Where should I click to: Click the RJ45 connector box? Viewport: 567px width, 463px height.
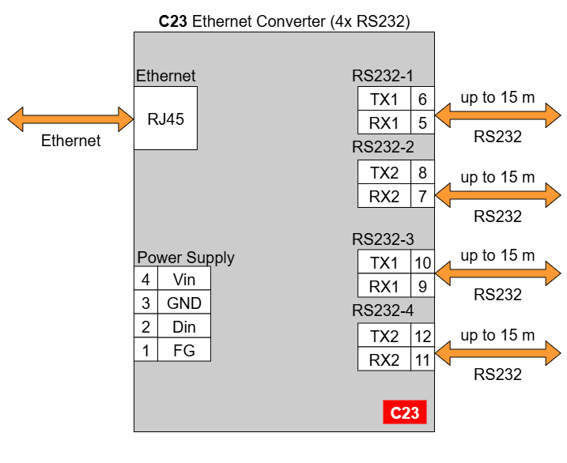[x=165, y=118]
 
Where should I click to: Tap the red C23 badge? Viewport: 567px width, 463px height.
[x=405, y=412]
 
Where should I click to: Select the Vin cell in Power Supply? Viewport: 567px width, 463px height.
[x=184, y=279]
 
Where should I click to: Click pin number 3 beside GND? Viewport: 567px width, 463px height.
[x=146, y=303]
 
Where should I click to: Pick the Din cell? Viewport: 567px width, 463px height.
[x=184, y=326]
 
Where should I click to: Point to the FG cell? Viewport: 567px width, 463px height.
[x=184, y=349]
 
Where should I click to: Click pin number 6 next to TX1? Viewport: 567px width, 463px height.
[x=422, y=99]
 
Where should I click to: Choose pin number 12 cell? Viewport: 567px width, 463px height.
[x=422, y=336]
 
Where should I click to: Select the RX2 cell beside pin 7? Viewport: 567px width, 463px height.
[x=384, y=196]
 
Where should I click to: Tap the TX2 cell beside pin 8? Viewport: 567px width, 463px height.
[x=384, y=172]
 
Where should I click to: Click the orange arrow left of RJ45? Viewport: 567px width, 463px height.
[x=70, y=119]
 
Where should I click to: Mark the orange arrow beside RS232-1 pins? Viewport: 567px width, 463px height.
[x=497, y=115]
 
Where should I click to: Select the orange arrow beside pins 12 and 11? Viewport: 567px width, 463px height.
[x=497, y=353]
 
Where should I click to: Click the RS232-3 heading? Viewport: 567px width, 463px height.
[x=383, y=239]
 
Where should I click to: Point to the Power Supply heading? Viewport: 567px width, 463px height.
[x=186, y=258]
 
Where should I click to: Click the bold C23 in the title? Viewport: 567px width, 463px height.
[x=173, y=21]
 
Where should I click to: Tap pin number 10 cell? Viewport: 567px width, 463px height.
[x=422, y=262]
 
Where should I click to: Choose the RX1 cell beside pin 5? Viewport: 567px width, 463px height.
[x=384, y=122]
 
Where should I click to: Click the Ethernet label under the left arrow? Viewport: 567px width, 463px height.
[x=71, y=141]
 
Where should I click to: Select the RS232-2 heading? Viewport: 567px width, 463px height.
[x=383, y=147]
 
